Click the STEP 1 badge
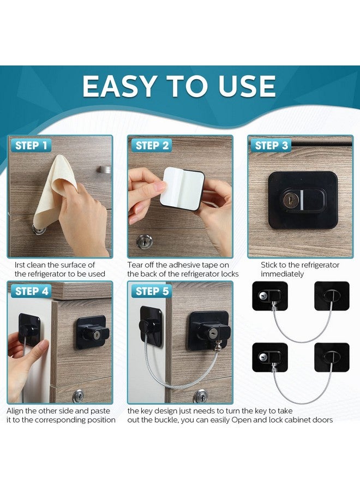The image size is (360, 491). pyautogui.click(x=31, y=146)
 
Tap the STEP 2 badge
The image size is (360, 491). pyautogui.click(x=152, y=146)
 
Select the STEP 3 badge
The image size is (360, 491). pyautogui.click(x=271, y=146)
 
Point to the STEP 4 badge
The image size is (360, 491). pyautogui.click(x=31, y=291)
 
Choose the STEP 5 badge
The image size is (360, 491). pyautogui.click(x=152, y=291)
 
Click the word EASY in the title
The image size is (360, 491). pyautogui.click(x=119, y=86)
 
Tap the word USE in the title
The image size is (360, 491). pyautogui.click(x=247, y=86)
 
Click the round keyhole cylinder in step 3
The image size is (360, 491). pyautogui.click(x=289, y=200)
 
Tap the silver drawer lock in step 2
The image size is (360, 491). pyautogui.click(x=145, y=242)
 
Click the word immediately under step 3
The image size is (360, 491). pyautogui.click(x=282, y=274)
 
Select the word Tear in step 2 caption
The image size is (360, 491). pyautogui.click(x=135, y=265)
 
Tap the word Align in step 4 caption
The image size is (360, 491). pyautogui.click(x=15, y=411)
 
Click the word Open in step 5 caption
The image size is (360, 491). pyautogui.click(x=241, y=420)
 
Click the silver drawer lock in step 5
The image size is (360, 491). pyautogui.click(x=200, y=397)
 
